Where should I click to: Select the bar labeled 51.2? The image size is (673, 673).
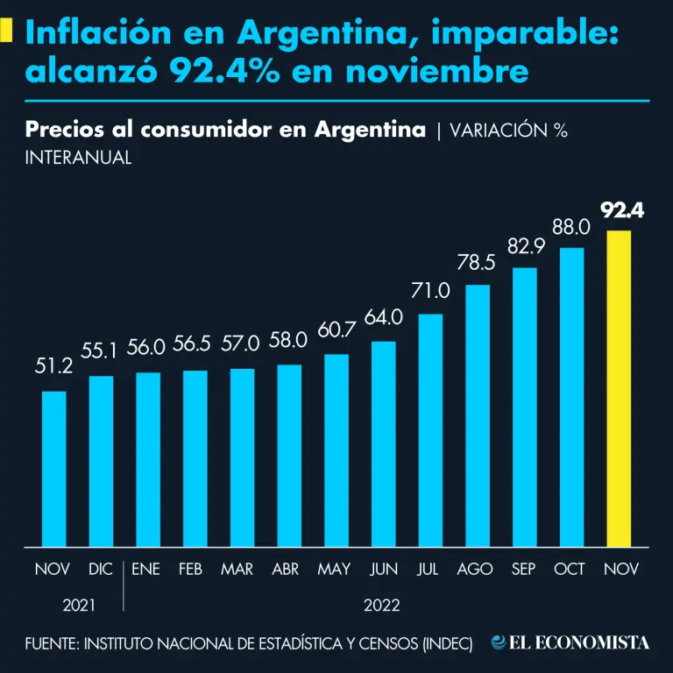pyautogui.click(x=54, y=468)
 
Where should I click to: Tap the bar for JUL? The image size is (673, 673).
pyautogui.click(x=430, y=429)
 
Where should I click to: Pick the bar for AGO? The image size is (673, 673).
pyautogui.click(x=478, y=415)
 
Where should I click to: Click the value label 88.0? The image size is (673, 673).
pyautogui.click(x=571, y=227)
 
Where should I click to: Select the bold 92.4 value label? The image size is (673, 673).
pyautogui.click(x=622, y=210)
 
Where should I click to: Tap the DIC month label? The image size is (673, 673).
pyautogui.click(x=101, y=570)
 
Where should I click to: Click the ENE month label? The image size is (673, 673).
pyautogui.click(x=145, y=570)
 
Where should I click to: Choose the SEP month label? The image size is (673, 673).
pyautogui.click(x=524, y=570)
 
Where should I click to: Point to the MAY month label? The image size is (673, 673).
pyautogui.click(x=334, y=570)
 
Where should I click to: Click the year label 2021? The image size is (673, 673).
pyautogui.click(x=78, y=605)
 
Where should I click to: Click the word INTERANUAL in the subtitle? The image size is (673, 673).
pyautogui.click(x=79, y=158)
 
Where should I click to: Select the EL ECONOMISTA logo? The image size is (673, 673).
pyautogui.click(x=570, y=643)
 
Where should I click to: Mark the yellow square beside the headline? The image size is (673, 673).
pyautogui.click(x=7, y=32)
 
